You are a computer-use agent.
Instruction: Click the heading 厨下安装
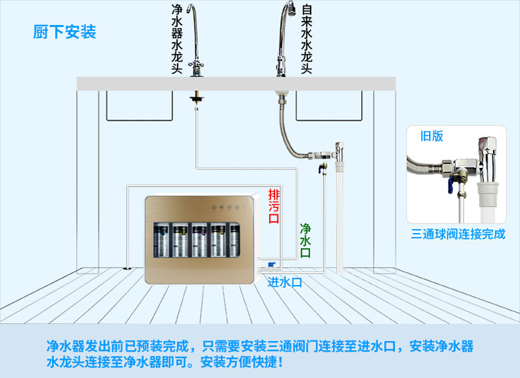64,33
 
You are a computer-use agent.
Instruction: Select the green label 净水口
305,240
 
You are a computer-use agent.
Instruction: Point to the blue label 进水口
285,282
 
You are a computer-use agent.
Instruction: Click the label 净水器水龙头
177,39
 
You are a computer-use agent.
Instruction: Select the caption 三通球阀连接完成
457,234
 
